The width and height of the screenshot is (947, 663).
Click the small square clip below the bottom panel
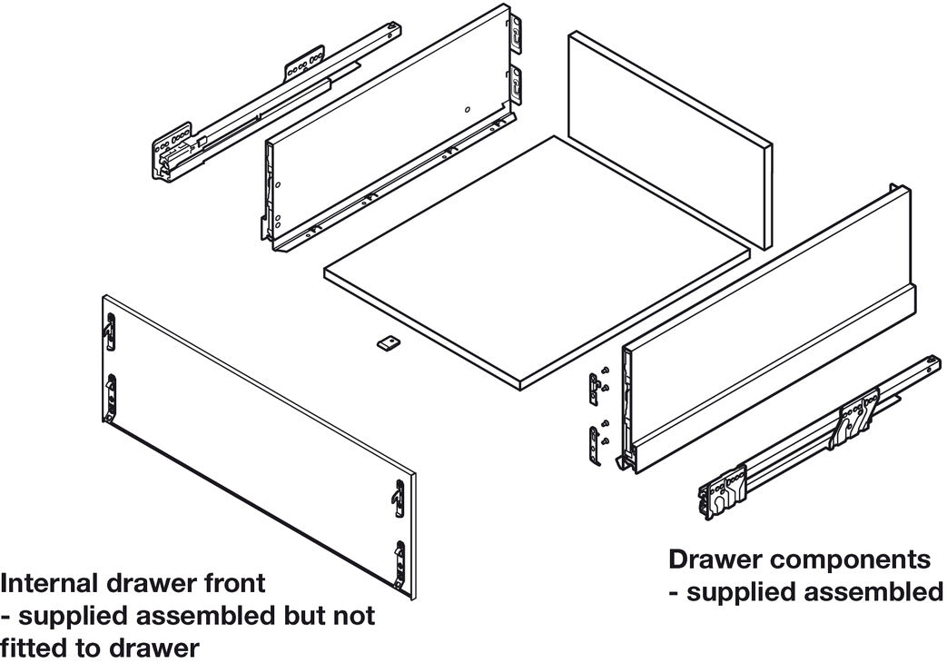pyautogui.click(x=388, y=343)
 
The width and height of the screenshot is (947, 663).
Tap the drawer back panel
pyautogui.click(x=669, y=140)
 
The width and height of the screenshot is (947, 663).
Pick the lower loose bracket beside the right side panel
pyautogui.click(x=596, y=446)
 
